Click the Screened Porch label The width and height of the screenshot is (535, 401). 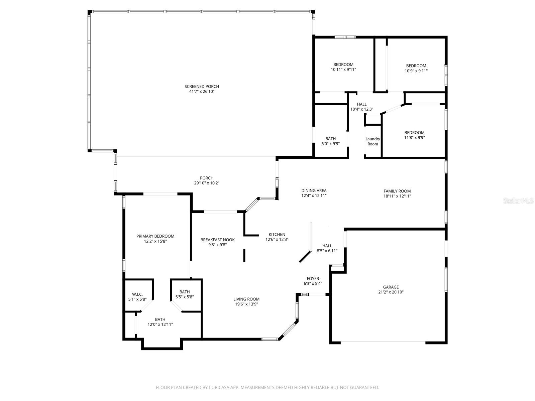pyautogui.click(x=202, y=87)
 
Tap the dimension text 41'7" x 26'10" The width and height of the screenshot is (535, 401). pyautogui.click(x=202, y=91)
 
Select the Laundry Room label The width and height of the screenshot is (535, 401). pyautogui.click(x=372, y=141)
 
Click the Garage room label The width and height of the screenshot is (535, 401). pyautogui.click(x=391, y=287)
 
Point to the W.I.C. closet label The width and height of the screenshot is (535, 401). pyautogui.click(x=137, y=294)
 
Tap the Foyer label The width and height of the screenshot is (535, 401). pyautogui.click(x=313, y=279)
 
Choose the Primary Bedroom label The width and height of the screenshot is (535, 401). pyautogui.click(x=155, y=236)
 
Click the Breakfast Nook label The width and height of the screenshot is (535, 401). pyautogui.click(x=217, y=240)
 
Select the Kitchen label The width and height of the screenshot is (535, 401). pyautogui.click(x=277, y=235)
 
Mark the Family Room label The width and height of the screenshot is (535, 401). pyautogui.click(x=397, y=191)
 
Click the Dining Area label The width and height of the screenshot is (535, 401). pyautogui.click(x=314, y=191)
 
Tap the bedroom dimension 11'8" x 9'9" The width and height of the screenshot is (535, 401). pyautogui.click(x=414, y=137)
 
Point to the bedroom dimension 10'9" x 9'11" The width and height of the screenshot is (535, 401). pyautogui.click(x=416, y=71)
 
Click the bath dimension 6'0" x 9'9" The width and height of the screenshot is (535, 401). pyautogui.click(x=330, y=144)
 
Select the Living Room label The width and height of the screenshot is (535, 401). pyautogui.click(x=246, y=299)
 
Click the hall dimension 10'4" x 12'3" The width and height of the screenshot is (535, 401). pyautogui.click(x=361, y=109)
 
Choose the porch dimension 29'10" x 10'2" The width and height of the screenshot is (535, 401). pyautogui.click(x=207, y=183)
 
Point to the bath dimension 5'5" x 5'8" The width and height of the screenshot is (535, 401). pyautogui.click(x=184, y=297)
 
